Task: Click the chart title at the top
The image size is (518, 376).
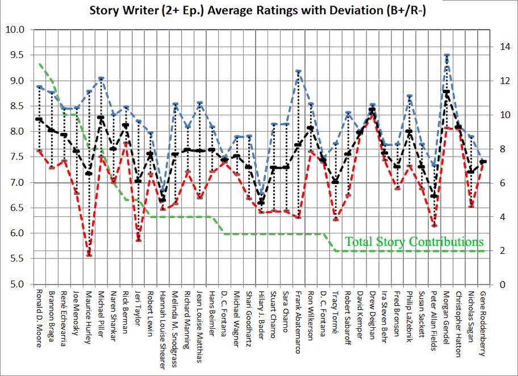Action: pyautogui.click(x=258, y=10)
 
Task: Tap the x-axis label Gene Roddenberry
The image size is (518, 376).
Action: pyautogui.click(x=483, y=321)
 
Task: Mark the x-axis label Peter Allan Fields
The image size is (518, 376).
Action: pyautogui.click(x=434, y=321)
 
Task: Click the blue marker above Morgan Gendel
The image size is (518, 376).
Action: pyautogui.click(x=446, y=56)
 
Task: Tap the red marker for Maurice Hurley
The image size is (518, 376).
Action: pyautogui.click(x=89, y=255)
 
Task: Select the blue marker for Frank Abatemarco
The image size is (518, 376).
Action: pyautogui.click(x=298, y=72)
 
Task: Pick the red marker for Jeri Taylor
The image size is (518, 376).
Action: pyautogui.click(x=138, y=240)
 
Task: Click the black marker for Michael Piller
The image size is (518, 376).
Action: pyautogui.click(x=101, y=118)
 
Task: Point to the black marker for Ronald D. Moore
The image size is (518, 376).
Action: pyautogui.click(x=39, y=119)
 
